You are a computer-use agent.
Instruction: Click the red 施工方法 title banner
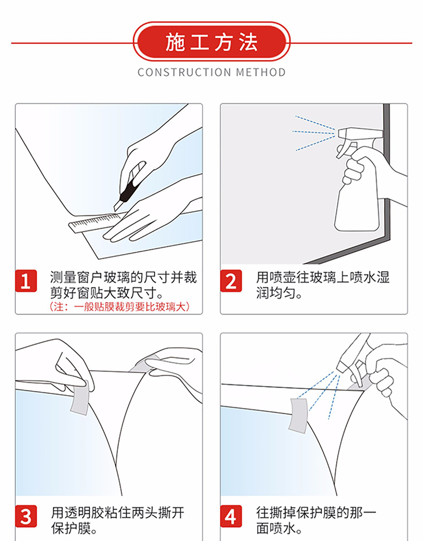pyautogui.click(x=211, y=42)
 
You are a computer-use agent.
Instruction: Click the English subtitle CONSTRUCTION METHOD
pyautogui.click(x=211, y=73)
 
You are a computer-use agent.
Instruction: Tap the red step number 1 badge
pyautogui.click(x=26, y=281)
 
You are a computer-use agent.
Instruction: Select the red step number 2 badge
pyautogui.click(x=231, y=281)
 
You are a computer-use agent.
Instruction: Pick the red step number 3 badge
pyautogui.click(x=26, y=516)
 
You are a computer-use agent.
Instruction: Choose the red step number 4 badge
pyautogui.click(x=231, y=516)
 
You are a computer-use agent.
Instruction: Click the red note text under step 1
pyautogui.click(x=120, y=307)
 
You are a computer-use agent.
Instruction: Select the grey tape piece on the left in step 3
pyautogui.click(x=80, y=397)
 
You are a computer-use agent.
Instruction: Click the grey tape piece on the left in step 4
pyautogui.click(x=298, y=415)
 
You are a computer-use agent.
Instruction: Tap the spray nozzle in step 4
pyautogui.click(x=345, y=363)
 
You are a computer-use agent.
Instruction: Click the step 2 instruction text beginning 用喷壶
pyautogui.click(x=323, y=285)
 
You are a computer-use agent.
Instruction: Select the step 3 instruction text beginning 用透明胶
pyautogui.click(x=117, y=520)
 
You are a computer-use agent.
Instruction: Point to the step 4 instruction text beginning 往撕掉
pyautogui.click(x=316, y=520)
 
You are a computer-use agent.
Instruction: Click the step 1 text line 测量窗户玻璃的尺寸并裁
pyautogui.click(x=124, y=277)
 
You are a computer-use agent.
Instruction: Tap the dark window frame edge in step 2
pyautogui.click(x=386, y=172)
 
